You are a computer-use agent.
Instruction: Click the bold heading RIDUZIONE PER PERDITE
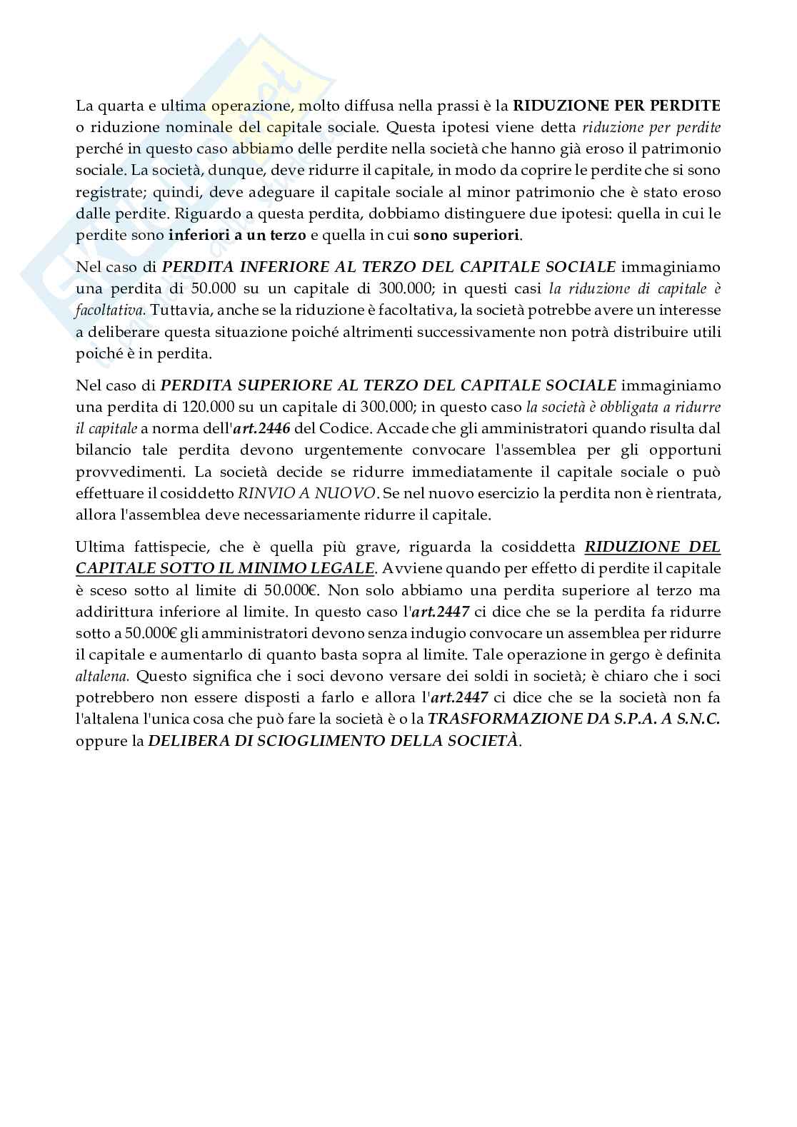point(617,106)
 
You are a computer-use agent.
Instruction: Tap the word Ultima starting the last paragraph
point(97,547)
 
